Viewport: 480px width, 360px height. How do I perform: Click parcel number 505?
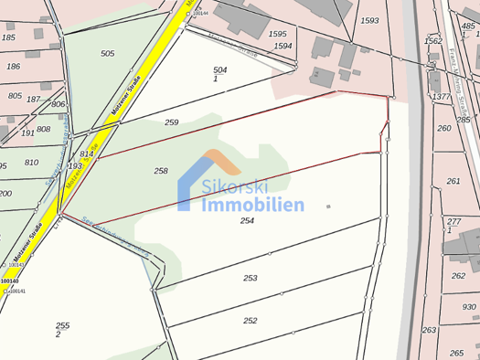[x=108, y=54]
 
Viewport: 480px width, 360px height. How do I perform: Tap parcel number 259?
[x=171, y=122]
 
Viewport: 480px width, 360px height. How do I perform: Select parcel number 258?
[x=161, y=171]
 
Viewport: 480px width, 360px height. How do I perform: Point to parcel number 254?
[x=247, y=220]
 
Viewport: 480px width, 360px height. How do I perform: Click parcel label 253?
[x=251, y=278]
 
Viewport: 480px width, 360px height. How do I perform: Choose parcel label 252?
[x=251, y=321]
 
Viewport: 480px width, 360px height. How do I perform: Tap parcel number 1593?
[x=369, y=19]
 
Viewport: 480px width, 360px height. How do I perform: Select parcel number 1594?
[x=283, y=46]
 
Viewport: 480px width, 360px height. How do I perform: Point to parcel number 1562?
[x=433, y=40]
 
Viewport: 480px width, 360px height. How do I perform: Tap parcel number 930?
[x=469, y=307]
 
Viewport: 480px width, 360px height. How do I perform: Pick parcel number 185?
[x=10, y=37]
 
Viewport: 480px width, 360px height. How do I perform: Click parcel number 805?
[x=15, y=95]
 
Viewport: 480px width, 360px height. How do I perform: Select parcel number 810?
[x=31, y=162]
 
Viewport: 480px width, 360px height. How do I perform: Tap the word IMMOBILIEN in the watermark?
[x=251, y=205]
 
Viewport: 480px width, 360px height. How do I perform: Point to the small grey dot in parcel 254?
[x=328, y=206]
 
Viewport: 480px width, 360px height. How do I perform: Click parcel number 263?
[x=429, y=330]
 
